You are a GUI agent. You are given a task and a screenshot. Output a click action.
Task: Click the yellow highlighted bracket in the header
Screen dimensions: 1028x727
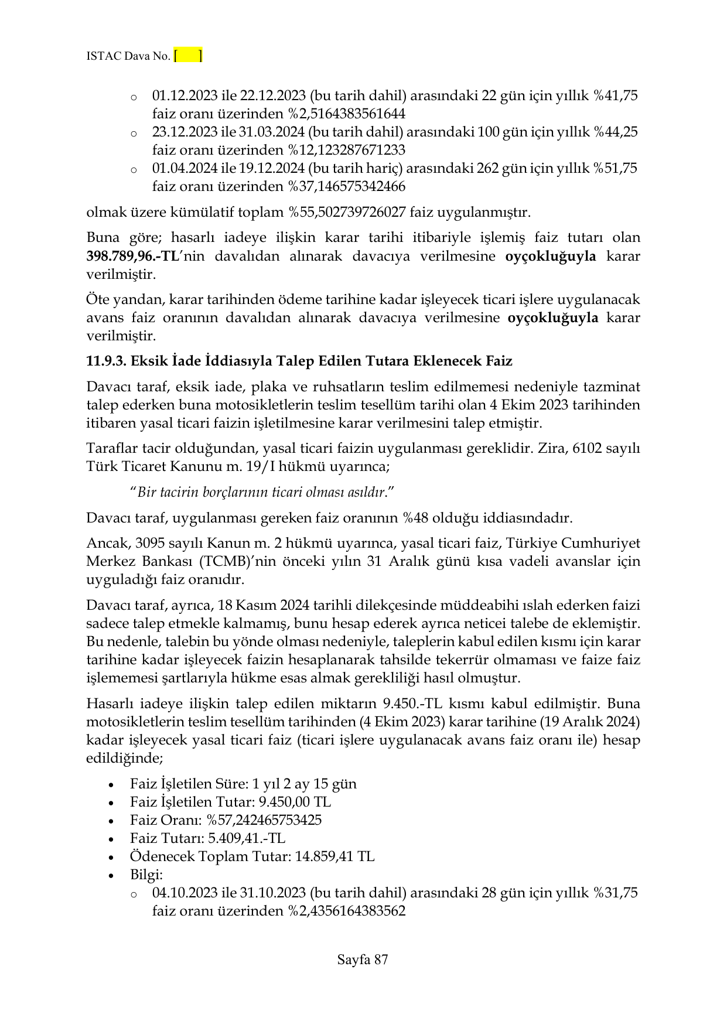tap(188, 56)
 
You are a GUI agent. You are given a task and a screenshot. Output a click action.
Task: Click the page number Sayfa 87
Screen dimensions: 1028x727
tap(363, 959)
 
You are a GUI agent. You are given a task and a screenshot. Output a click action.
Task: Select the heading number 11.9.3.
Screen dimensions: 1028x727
tap(106, 361)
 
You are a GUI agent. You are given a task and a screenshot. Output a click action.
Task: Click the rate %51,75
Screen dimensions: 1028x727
tap(615, 168)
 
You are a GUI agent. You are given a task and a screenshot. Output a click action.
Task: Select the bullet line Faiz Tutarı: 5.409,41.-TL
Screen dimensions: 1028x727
tap(207, 838)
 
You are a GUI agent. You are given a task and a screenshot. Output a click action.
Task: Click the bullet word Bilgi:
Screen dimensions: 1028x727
tap(146, 875)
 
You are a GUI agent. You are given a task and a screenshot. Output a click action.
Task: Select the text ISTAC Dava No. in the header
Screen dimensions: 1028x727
tap(128, 56)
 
